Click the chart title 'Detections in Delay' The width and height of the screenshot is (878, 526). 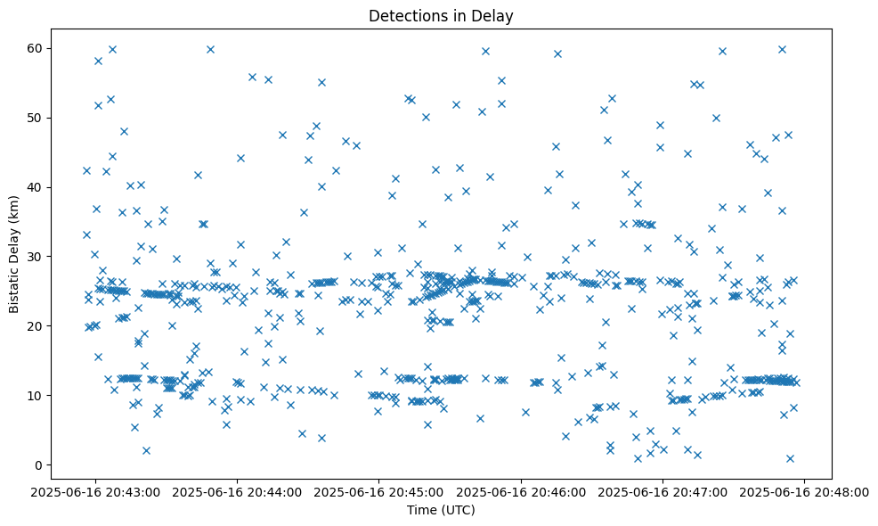click(442, 15)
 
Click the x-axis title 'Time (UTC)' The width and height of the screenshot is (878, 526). click(442, 510)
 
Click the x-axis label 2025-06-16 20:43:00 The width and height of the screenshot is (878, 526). click(96, 491)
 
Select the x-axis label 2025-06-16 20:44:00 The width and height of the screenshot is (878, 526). click(238, 491)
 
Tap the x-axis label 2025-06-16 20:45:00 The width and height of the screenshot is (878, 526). click(379, 491)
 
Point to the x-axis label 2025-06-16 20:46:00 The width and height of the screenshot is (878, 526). click(521, 491)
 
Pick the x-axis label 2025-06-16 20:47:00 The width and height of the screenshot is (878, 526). click(663, 491)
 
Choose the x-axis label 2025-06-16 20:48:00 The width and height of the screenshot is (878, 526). click(805, 491)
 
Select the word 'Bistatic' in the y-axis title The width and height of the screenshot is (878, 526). click(14, 291)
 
